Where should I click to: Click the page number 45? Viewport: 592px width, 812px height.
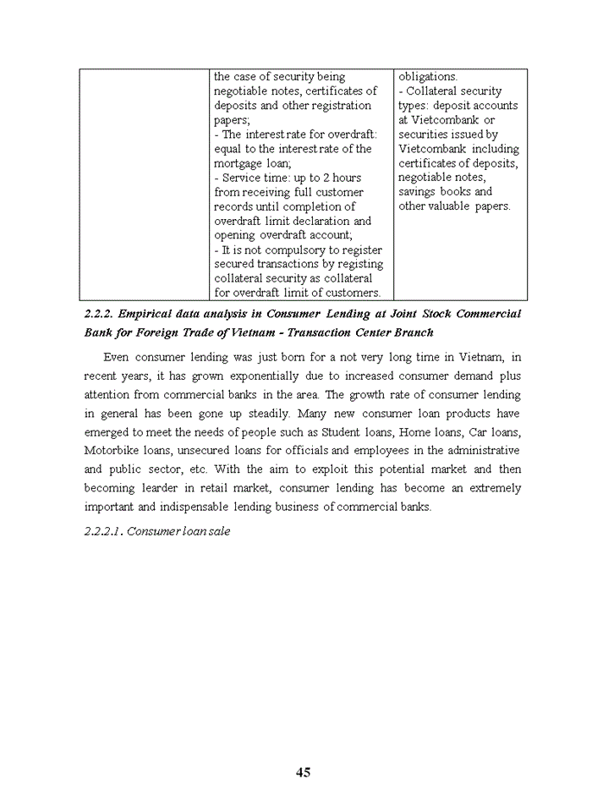pos(304,771)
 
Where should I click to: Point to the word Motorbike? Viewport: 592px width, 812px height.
pos(110,450)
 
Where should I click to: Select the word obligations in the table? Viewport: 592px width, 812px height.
pos(427,77)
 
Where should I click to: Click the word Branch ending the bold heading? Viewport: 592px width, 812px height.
pos(408,332)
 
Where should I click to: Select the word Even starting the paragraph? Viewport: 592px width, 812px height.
pos(116,357)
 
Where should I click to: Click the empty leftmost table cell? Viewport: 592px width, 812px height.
pos(145,184)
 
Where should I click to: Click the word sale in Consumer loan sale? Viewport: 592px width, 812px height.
pos(218,532)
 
